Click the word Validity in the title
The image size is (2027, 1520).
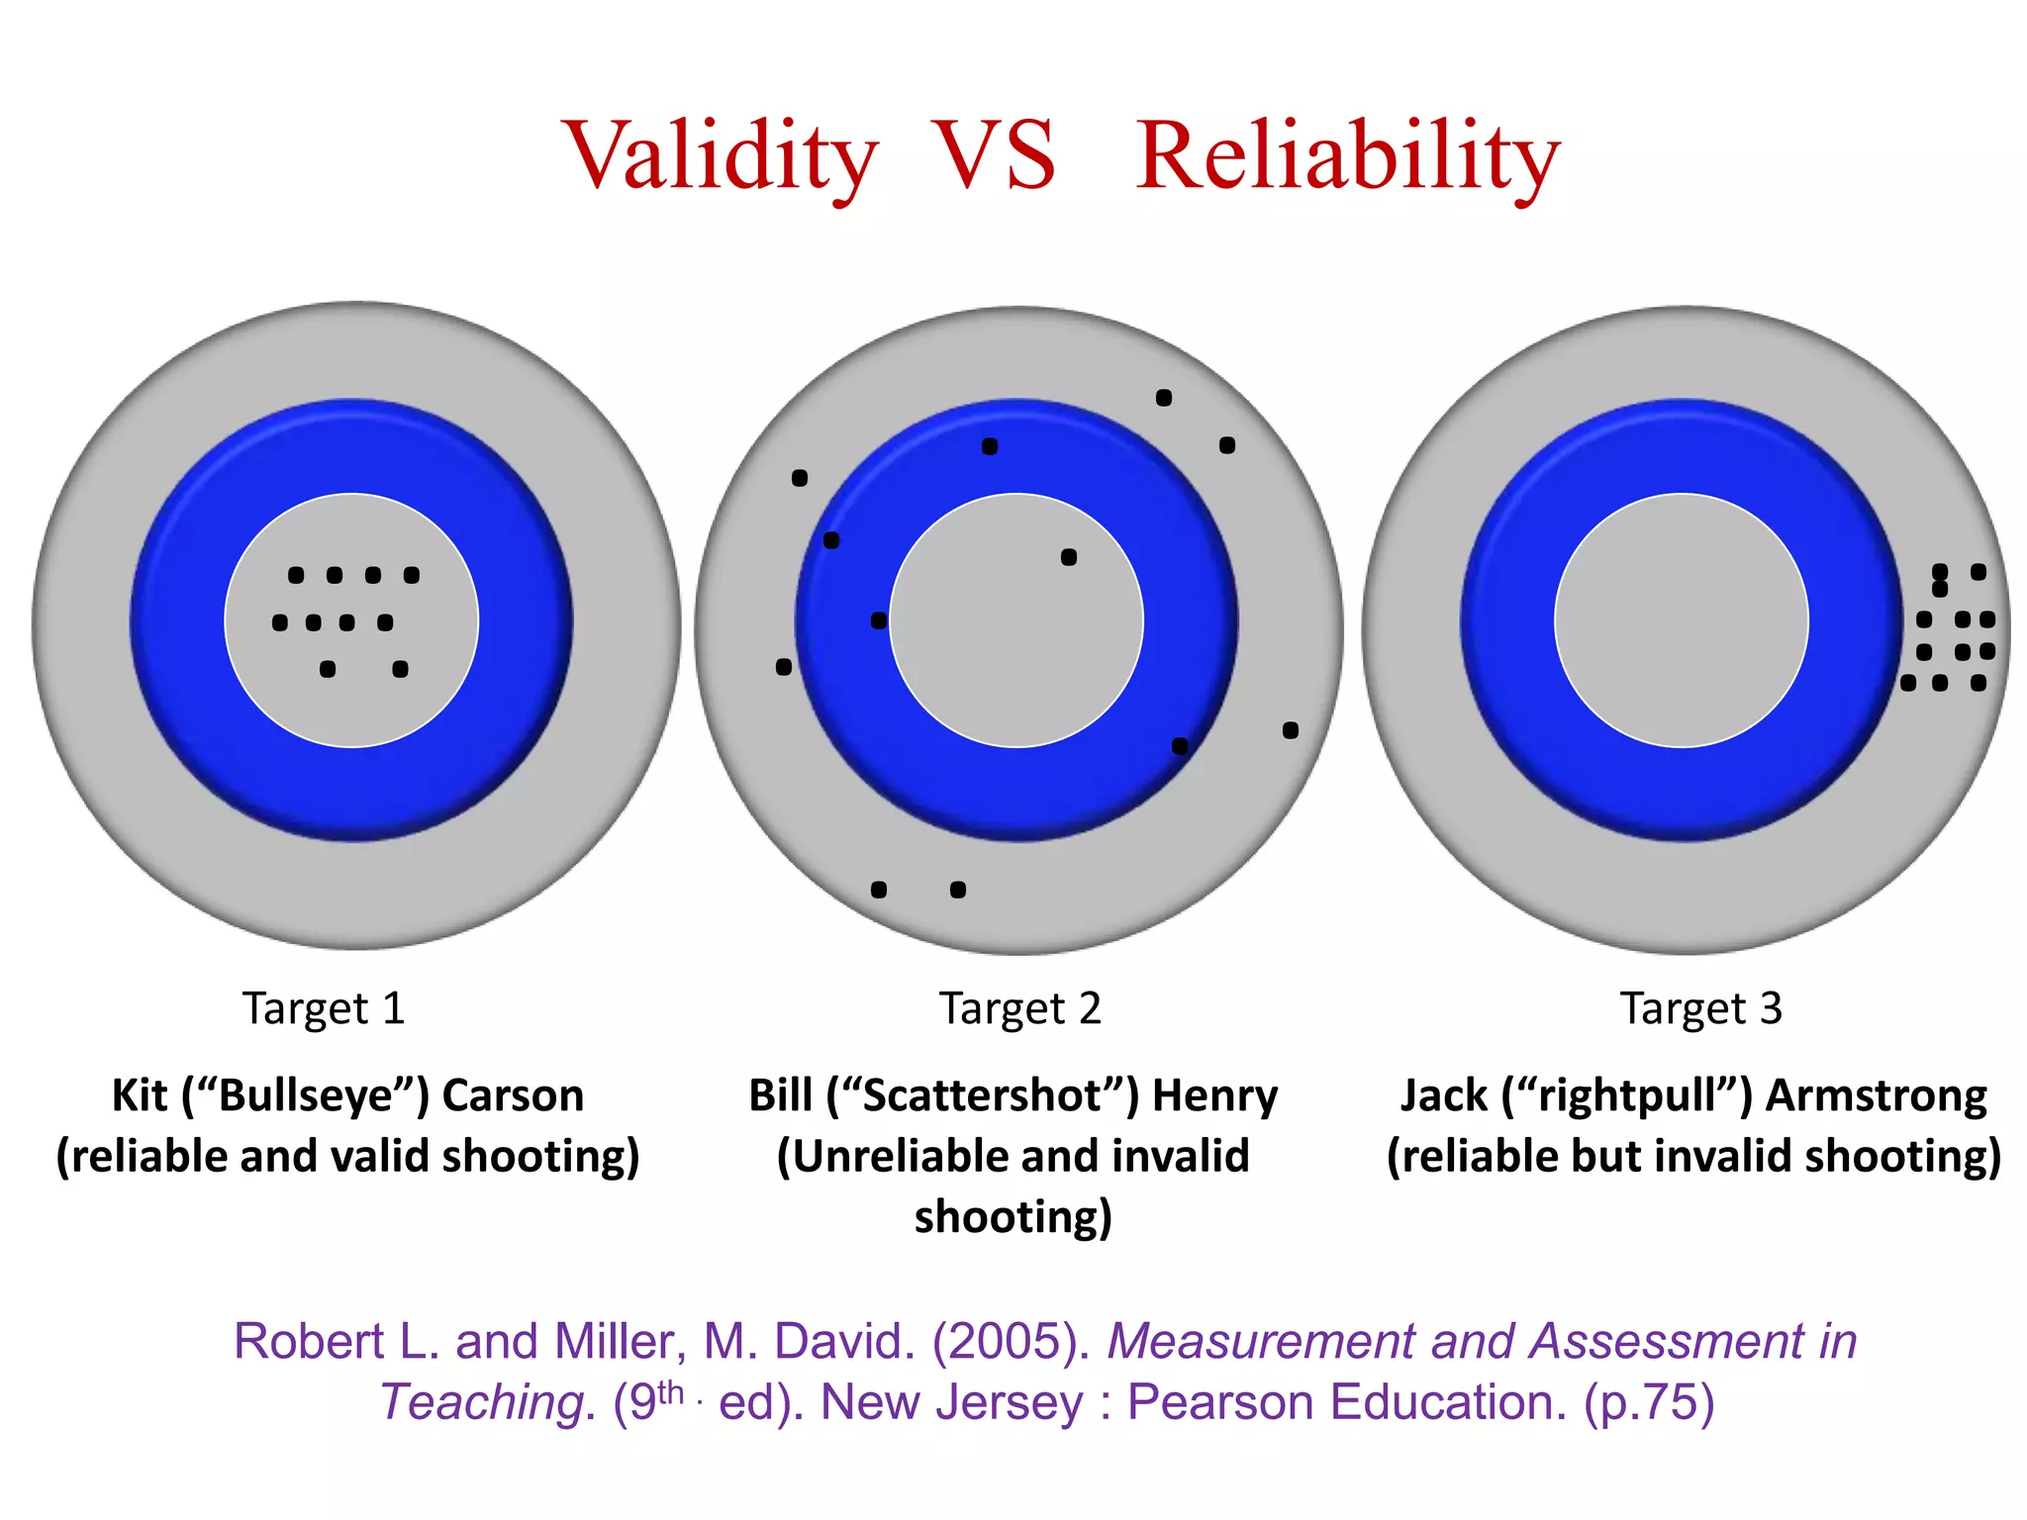(720, 155)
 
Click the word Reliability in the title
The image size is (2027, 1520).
(1347, 155)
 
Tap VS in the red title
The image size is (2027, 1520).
(996, 155)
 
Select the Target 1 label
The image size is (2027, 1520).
(325, 1008)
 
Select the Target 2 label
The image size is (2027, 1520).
(1019, 1008)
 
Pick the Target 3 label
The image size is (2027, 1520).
(1700, 1008)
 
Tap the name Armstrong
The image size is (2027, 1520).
(1877, 1096)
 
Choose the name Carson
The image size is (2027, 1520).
(513, 1095)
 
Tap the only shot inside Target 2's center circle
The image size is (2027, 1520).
(1069, 557)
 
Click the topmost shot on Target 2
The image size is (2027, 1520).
(1164, 398)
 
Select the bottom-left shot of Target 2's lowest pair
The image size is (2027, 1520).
(879, 890)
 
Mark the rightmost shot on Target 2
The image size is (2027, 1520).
(1291, 730)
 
